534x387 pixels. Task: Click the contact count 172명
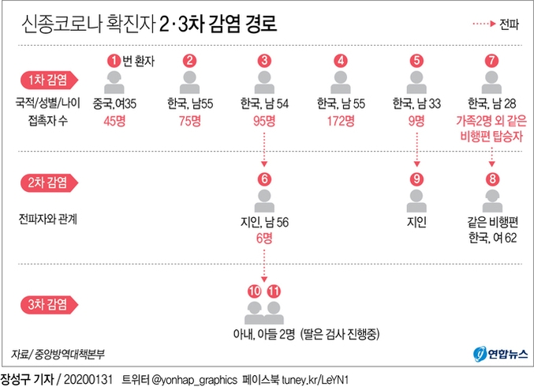click(x=340, y=122)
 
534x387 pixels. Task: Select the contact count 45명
click(x=114, y=122)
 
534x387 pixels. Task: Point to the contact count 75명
click(x=189, y=122)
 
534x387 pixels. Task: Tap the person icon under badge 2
click(x=189, y=81)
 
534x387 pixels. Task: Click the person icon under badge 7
click(x=492, y=81)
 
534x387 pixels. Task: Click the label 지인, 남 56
click(x=265, y=222)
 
